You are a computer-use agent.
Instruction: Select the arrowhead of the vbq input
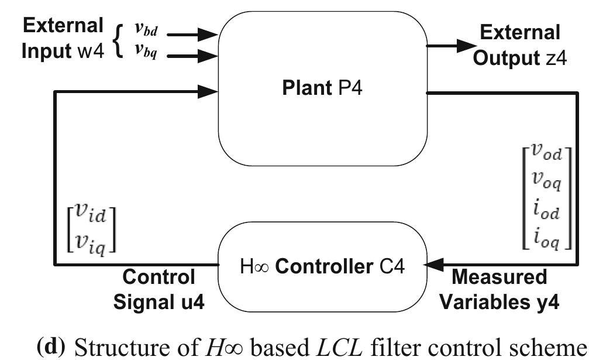[207, 56]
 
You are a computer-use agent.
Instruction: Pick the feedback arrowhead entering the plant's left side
[207, 91]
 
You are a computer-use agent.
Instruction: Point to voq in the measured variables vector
[544, 183]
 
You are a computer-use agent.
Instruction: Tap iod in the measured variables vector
[544, 212]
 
